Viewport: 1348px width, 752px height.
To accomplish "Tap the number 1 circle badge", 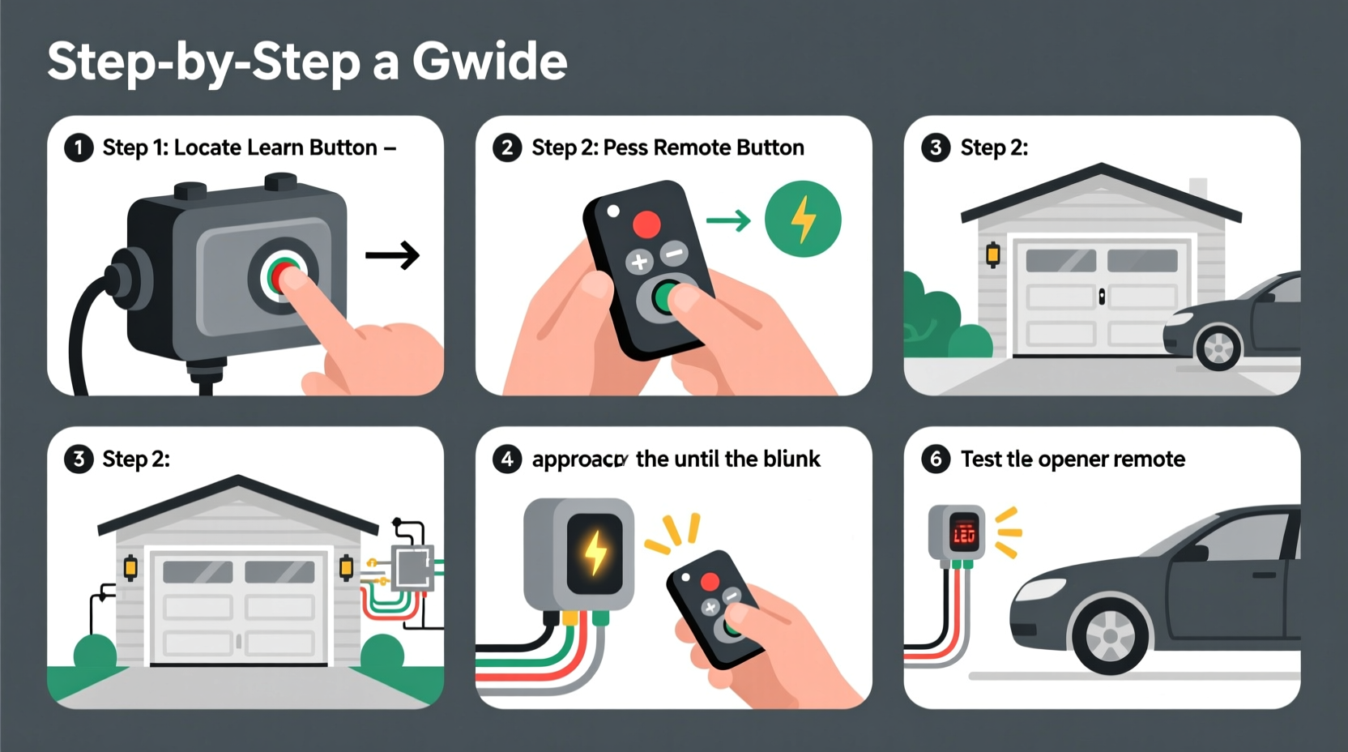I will click(79, 148).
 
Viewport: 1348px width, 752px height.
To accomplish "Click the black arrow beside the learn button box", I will click(393, 255).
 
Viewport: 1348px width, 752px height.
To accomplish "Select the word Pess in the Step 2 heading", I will click(625, 147).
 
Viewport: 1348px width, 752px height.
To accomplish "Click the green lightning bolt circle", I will click(803, 219).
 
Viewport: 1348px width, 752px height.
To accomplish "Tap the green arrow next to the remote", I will click(728, 220).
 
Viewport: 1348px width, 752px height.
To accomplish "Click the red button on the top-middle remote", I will click(646, 223).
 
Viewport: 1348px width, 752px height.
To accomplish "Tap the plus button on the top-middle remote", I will click(639, 262).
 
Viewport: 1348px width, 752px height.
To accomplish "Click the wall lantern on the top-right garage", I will click(992, 254).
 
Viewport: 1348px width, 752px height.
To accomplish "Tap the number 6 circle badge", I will click(936, 459).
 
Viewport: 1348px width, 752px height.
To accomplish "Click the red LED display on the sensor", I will click(963, 533).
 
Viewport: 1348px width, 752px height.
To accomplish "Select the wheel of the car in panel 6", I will click(1110, 634).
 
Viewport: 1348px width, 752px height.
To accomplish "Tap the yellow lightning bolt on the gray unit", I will click(595, 553).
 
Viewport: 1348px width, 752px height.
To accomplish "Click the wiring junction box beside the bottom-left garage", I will click(412, 566).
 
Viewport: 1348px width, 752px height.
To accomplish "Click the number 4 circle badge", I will click(507, 459).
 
